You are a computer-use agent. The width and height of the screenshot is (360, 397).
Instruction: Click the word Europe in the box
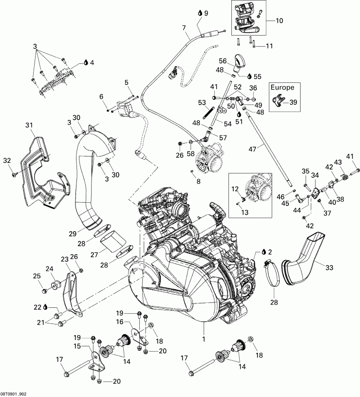click(x=282, y=88)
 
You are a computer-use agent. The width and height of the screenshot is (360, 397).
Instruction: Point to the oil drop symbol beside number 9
click(x=200, y=12)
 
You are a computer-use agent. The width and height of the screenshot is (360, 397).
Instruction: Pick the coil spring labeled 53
click(x=208, y=115)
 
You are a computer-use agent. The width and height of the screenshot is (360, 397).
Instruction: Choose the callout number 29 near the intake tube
click(x=73, y=234)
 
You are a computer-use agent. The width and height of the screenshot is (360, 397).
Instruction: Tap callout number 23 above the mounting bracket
click(x=65, y=259)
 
